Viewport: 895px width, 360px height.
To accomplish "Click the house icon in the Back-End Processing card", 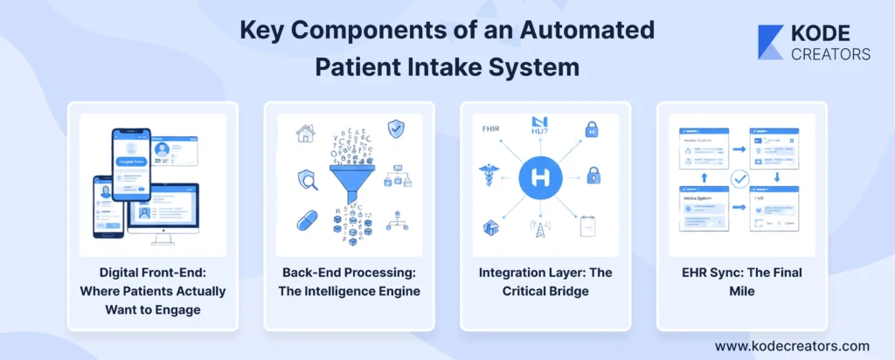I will click(x=306, y=132).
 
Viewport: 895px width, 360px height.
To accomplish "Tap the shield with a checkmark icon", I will click(x=396, y=128).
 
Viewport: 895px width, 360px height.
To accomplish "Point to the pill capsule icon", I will click(x=307, y=220).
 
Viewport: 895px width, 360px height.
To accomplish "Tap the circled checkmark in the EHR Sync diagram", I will click(x=740, y=179).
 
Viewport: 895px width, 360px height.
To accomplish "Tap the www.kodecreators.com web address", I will click(x=792, y=345).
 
